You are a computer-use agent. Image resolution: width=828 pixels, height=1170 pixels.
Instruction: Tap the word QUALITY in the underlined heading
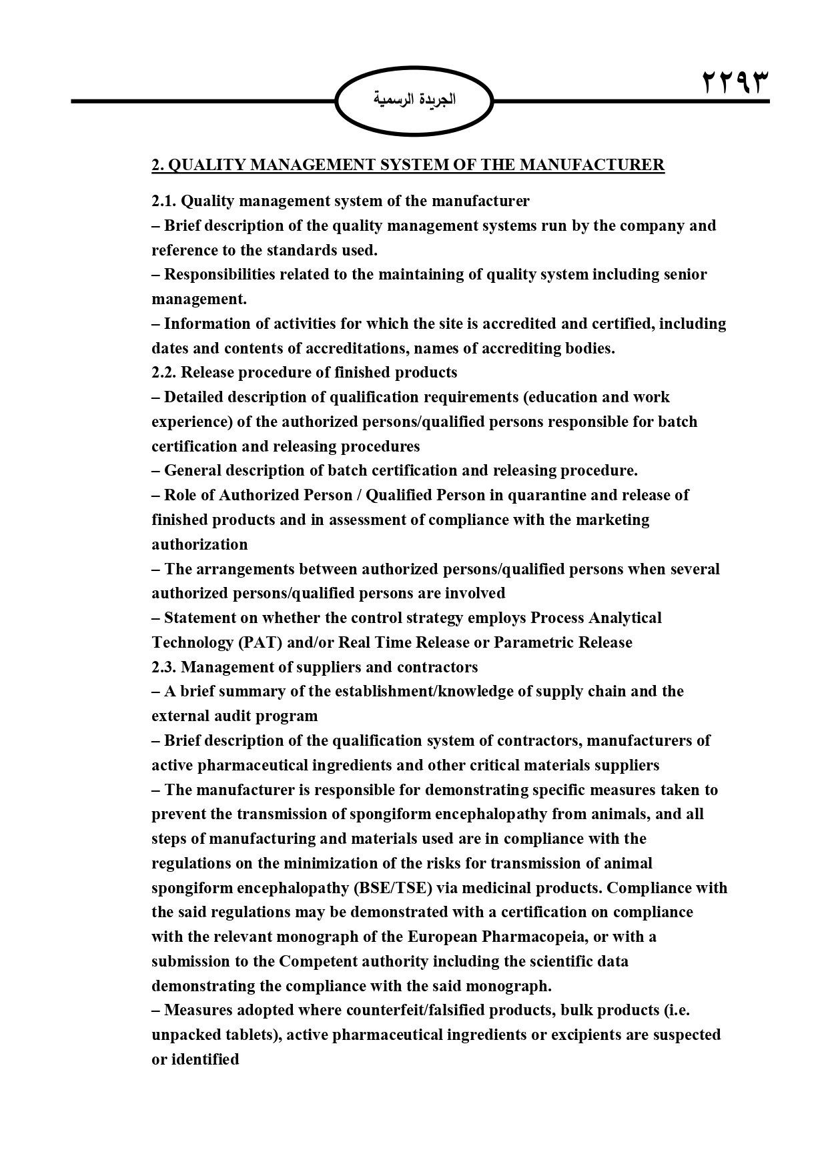click(x=206, y=165)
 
